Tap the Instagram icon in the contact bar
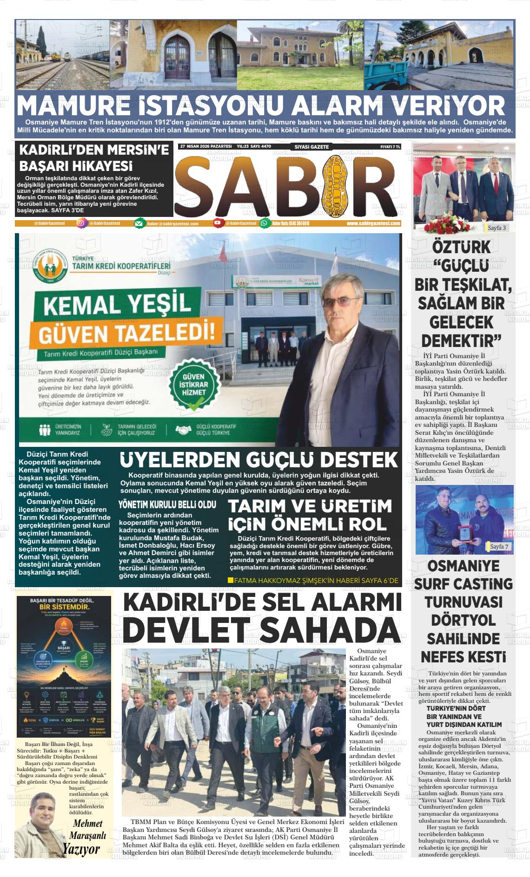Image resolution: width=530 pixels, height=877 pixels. [x=81, y=223]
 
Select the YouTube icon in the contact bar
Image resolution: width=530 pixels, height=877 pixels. [x=218, y=223]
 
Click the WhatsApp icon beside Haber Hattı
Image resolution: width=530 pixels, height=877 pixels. [x=265, y=223]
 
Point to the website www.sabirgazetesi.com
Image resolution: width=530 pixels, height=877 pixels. [x=373, y=223]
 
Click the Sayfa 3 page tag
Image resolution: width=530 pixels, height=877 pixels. [x=497, y=228]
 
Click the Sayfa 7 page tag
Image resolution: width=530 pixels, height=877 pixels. [x=499, y=547]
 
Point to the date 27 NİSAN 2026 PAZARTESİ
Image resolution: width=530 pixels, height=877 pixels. [x=206, y=146]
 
